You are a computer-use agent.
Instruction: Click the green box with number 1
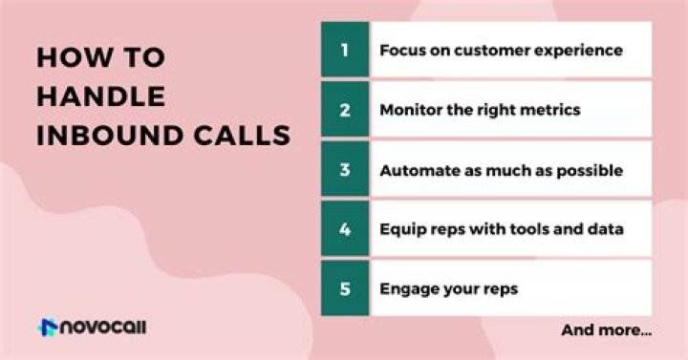pyautogui.click(x=345, y=49)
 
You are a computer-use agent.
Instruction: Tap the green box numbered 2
pyautogui.click(x=345, y=109)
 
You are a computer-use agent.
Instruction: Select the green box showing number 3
pyautogui.click(x=345, y=169)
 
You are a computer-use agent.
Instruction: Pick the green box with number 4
pyautogui.click(x=345, y=228)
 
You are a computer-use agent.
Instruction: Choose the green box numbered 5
pyautogui.click(x=345, y=287)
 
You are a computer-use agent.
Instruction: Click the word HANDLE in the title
pyautogui.click(x=100, y=95)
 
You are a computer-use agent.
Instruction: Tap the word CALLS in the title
pyautogui.click(x=235, y=135)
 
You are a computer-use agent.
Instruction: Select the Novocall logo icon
pyautogui.click(x=48, y=328)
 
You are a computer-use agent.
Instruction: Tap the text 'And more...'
pyautogui.click(x=607, y=330)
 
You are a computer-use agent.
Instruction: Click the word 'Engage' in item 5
pyautogui.click(x=404, y=288)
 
